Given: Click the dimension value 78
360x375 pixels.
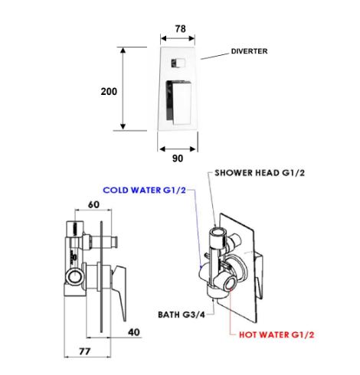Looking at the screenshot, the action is pyautogui.click(x=180, y=29).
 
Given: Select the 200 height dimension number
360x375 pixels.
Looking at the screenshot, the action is pyautogui.click(x=109, y=91).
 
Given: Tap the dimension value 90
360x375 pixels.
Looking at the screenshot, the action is pyautogui.click(x=178, y=158).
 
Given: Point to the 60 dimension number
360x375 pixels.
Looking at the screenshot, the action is pyautogui.click(x=93, y=204).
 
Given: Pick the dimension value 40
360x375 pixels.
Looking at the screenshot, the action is pyautogui.click(x=134, y=332).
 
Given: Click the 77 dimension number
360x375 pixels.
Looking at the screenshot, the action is pyautogui.click(x=84, y=351).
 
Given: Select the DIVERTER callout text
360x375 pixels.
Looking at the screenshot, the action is pyautogui.click(x=249, y=51).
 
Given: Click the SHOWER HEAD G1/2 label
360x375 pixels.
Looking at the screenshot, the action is pyautogui.click(x=260, y=173).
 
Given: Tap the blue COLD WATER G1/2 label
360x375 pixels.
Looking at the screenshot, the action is pyautogui.click(x=144, y=190).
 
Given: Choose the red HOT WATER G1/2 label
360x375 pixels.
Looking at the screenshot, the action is pyautogui.click(x=277, y=334).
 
